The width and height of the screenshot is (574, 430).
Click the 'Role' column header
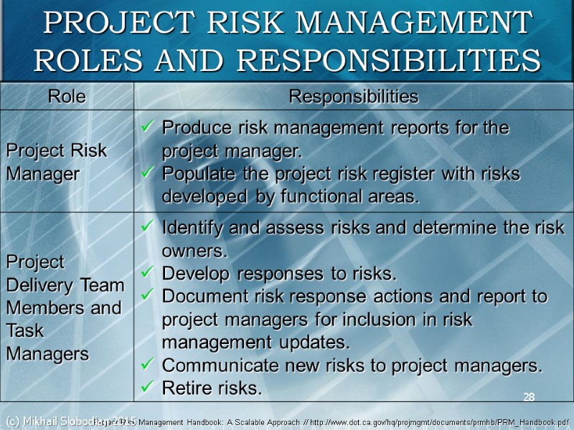(x=67, y=97)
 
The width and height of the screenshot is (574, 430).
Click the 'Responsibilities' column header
(x=353, y=97)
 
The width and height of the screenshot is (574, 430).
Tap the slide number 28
(x=530, y=397)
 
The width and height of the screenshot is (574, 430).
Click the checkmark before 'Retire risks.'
(x=147, y=388)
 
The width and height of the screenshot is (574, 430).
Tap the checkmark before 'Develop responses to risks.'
(x=147, y=274)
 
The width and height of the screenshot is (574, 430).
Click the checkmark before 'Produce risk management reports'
(x=147, y=128)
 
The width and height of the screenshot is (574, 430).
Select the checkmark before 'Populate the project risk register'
(x=147, y=174)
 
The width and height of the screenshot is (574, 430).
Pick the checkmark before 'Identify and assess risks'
(x=147, y=228)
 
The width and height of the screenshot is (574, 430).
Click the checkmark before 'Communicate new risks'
(x=147, y=365)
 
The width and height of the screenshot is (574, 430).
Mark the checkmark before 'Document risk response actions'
(x=147, y=297)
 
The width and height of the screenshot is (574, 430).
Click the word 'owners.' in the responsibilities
(x=194, y=251)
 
